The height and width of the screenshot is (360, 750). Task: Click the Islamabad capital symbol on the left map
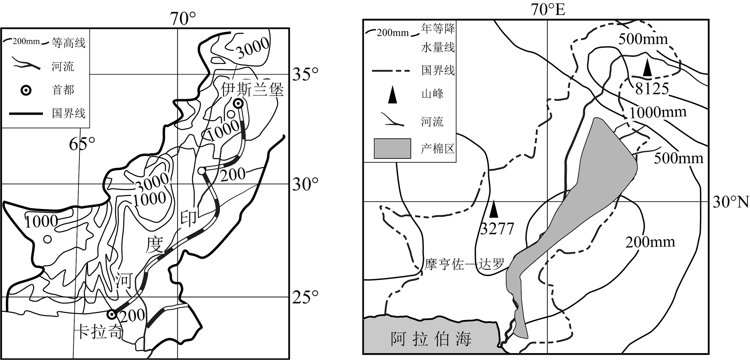(x=239, y=103)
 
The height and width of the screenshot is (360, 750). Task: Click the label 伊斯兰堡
(x=252, y=89)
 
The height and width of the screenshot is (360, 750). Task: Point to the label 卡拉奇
(x=100, y=331)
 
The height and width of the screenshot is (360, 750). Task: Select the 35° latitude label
(x=306, y=74)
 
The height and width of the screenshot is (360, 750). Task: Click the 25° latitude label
(x=306, y=297)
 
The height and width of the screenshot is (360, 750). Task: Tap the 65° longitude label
(x=82, y=144)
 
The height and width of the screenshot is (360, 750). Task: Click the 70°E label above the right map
(x=548, y=10)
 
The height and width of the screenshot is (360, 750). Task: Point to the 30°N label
(x=731, y=202)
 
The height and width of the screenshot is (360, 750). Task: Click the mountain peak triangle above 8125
(x=647, y=67)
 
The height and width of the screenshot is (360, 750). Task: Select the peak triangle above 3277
(x=493, y=209)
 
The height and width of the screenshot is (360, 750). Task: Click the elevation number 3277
(x=497, y=228)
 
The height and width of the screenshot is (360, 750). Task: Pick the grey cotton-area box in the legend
(x=393, y=148)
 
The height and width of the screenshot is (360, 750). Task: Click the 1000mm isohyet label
(x=658, y=112)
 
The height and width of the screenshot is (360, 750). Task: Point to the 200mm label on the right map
(x=650, y=242)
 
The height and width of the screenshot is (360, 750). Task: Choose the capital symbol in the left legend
(x=26, y=91)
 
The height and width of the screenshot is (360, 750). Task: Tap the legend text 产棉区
(x=438, y=149)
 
